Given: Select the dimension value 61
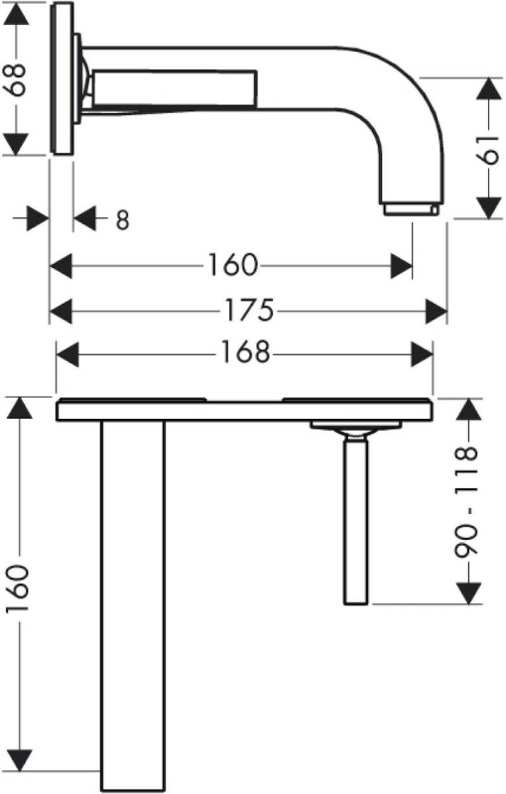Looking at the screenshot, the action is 489,150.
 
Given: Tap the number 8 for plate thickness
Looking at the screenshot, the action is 122,219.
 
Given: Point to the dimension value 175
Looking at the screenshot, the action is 249,310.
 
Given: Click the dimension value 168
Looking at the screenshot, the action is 245,352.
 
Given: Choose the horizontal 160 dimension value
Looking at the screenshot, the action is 233,265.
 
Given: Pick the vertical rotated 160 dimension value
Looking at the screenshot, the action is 17,589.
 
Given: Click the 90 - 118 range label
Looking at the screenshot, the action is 466,502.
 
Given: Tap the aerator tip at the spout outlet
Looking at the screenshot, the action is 411,209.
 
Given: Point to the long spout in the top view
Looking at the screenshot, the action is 133,605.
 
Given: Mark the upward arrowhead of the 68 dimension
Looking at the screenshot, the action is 16,16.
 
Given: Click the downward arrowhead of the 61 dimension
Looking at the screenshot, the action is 489,206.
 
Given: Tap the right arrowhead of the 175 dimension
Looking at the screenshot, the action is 437,311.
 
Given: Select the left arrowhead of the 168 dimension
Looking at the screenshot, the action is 67,354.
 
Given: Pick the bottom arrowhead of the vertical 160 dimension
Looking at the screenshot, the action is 19,760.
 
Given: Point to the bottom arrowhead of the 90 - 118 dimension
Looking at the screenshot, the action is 468,593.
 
